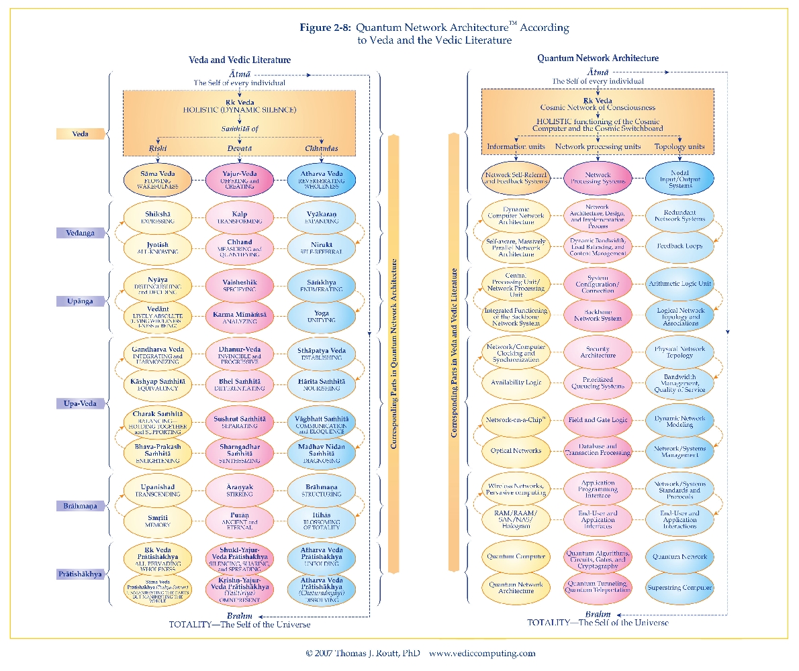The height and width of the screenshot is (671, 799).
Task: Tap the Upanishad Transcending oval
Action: click(x=158, y=490)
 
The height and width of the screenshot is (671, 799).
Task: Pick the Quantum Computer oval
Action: click(x=516, y=557)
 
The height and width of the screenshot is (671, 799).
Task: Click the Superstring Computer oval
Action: click(x=679, y=588)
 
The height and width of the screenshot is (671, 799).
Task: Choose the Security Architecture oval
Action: click(x=598, y=352)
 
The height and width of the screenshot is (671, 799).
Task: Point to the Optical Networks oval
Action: click(x=516, y=450)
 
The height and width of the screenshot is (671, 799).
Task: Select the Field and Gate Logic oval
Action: click(x=598, y=421)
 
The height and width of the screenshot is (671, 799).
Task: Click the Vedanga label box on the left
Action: click(x=81, y=233)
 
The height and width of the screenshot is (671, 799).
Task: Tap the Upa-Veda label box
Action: click(x=81, y=404)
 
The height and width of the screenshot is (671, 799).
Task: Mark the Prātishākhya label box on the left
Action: click(x=81, y=574)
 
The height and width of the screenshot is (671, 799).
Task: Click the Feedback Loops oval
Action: click(x=679, y=246)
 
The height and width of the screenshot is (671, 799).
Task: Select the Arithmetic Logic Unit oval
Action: click(x=679, y=283)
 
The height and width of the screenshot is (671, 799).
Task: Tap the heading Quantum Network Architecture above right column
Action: click(x=598, y=58)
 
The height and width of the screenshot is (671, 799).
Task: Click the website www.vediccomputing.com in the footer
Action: click(x=482, y=653)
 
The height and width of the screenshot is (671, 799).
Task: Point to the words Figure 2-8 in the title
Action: click(x=325, y=28)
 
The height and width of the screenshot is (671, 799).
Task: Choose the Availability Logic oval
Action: click(x=516, y=382)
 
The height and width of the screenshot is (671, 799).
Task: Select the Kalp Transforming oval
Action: click(x=239, y=216)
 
